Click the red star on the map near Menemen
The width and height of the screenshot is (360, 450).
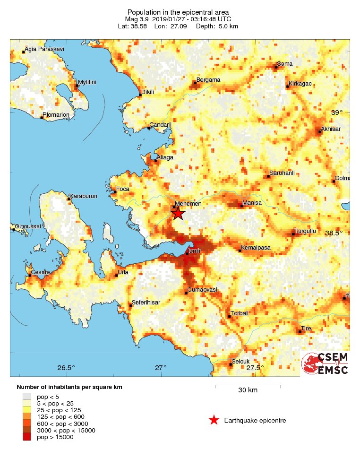click(x=178, y=214)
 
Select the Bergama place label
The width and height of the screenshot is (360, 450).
click(x=208, y=80)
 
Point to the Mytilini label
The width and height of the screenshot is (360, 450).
click(x=87, y=82)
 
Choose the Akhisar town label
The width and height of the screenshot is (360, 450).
click(x=330, y=129)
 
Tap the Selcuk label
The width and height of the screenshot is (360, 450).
click(x=240, y=362)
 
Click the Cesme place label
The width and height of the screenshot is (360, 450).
click(x=40, y=272)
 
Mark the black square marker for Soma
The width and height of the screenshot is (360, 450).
click(x=276, y=67)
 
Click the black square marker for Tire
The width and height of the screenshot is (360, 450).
click(x=300, y=332)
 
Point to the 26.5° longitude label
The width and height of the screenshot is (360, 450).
click(x=66, y=368)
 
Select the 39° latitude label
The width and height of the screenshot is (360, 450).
click(x=336, y=112)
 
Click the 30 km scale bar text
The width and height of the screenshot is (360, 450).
click(x=248, y=390)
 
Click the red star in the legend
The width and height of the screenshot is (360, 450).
click(x=214, y=420)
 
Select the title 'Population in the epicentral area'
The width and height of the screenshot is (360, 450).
click(x=178, y=12)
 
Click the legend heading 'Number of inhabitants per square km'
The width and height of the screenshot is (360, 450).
click(x=69, y=387)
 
